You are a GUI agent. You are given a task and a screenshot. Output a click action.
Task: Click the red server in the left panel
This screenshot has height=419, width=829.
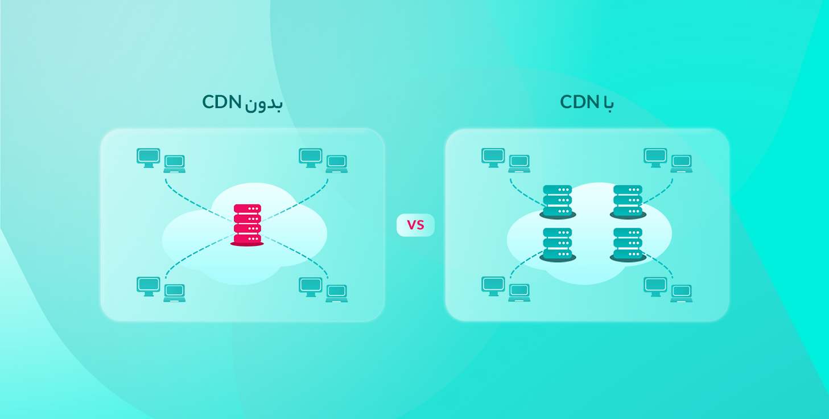tap(247, 223)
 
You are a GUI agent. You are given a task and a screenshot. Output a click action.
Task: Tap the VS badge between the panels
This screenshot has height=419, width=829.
tap(415, 225)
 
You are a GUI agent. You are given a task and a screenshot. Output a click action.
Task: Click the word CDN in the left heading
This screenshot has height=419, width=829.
tap(222, 102)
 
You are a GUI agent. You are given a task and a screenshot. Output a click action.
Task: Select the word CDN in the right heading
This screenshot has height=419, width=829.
tap(580, 102)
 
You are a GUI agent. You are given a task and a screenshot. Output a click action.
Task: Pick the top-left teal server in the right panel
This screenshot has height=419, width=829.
tap(557, 200)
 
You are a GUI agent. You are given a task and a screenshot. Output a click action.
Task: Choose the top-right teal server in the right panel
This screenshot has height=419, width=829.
tap(628, 200)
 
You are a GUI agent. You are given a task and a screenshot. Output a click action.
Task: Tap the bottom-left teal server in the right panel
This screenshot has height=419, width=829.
tap(557, 243)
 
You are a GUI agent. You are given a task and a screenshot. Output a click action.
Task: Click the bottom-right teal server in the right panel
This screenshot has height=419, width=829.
tap(628, 243)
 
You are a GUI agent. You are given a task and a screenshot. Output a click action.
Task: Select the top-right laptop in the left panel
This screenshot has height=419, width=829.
tap(337, 163)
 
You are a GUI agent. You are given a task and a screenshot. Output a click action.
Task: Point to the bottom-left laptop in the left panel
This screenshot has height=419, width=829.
tap(175, 293)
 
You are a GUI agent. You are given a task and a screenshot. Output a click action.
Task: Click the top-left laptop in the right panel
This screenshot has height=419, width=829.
tap(519, 163)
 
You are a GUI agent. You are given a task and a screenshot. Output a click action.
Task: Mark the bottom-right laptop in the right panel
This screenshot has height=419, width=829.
tap(682, 293)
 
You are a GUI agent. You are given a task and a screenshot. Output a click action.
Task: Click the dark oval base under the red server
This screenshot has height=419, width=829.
tap(247, 243)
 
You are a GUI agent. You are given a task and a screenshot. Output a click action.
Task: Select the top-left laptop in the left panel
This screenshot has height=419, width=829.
tap(175, 163)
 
